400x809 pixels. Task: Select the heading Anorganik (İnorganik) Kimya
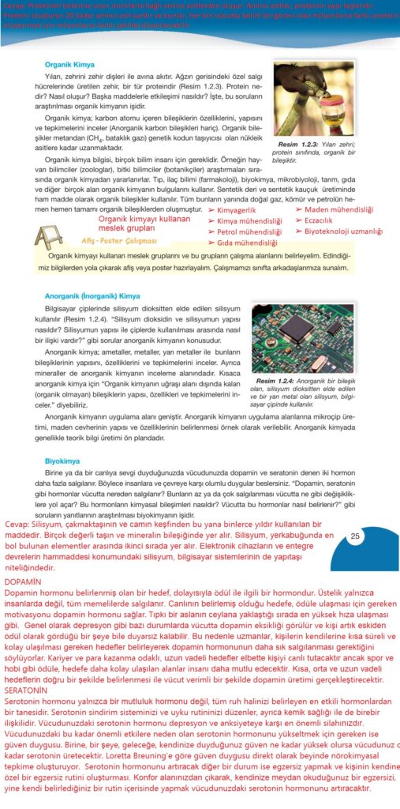click(x=92, y=295)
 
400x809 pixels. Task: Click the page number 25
click(x=355, y=537)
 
